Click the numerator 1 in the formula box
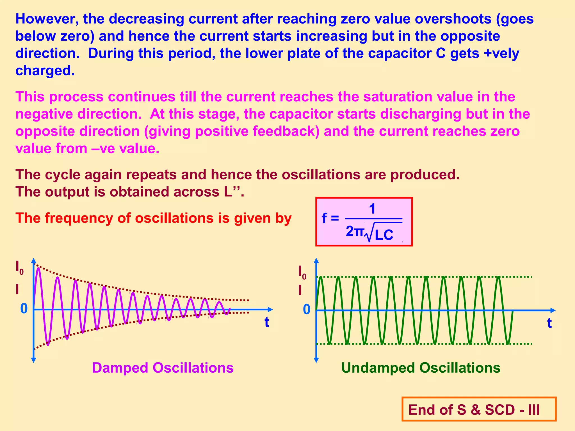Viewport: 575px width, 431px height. [x=372, y=209]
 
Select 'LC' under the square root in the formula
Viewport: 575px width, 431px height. [x=384, y=235]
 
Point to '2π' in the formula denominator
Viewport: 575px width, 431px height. [x=355, y=232]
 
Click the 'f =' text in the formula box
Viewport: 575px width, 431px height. [x=330, y=218]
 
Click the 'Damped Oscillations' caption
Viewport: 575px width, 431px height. [x=163, y=368]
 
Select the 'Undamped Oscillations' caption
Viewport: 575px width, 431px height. [x=421, y=368]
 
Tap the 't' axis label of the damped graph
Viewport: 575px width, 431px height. [x=267, y=322]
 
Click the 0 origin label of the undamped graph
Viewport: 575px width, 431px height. [x=307, y=310]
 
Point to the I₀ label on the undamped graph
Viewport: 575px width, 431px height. [x=302, y=272]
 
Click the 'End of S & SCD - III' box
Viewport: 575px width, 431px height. [x=479, y=409]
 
